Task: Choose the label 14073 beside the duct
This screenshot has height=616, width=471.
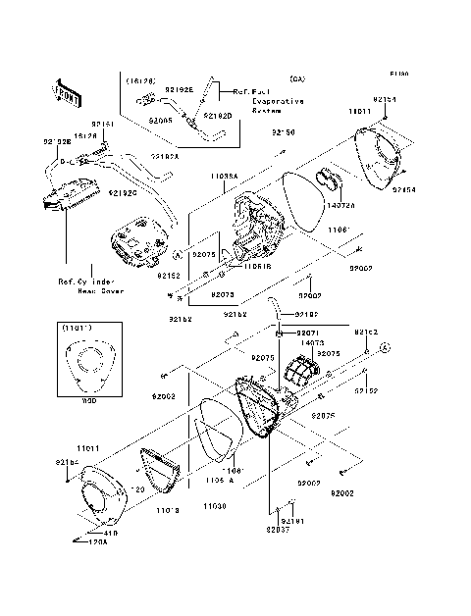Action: (313, 343)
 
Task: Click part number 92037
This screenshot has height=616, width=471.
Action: (277, 530)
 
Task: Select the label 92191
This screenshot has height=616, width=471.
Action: (296, 521)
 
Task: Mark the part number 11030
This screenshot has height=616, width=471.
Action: (215, 505)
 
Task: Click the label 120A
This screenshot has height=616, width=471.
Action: (97, 541)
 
